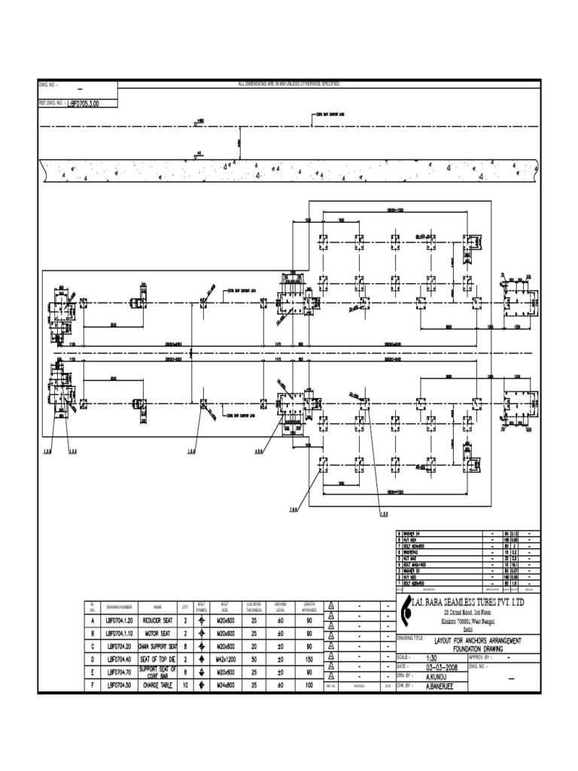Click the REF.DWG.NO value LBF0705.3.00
click(83, 105)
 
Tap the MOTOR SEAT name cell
click(158, 634)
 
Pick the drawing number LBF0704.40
click(119, 659)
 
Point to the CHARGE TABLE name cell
click(158, 684)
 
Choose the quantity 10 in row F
click(185, 684)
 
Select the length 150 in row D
click(309, 659)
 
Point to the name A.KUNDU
click(438, 676)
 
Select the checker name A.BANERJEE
click(443, 686)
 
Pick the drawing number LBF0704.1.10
click(119, 634)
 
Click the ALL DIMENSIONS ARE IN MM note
click(289, 83)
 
